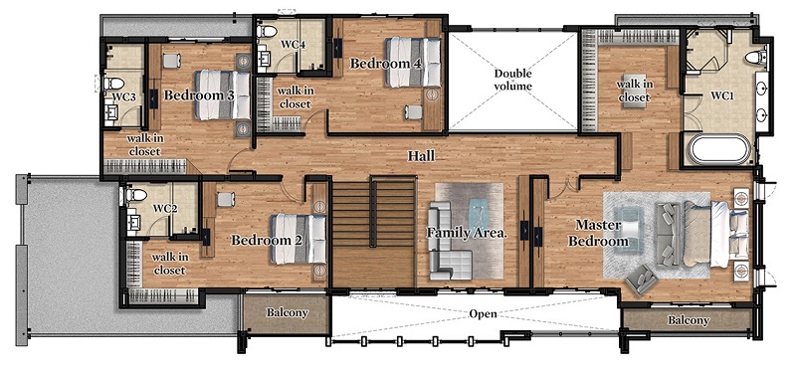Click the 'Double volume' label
512,80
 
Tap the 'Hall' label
421,156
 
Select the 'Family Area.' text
467,233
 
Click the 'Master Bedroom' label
598,233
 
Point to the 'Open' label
483,314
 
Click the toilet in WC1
756,58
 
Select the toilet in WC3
113,83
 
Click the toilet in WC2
136,195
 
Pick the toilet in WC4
267,32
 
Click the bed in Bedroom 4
413,63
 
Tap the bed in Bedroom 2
298,239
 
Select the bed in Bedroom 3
223,94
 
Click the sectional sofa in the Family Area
447,242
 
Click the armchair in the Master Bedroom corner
641,279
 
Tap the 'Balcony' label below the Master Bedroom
688,320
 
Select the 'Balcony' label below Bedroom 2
287,312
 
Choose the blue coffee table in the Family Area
479,213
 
